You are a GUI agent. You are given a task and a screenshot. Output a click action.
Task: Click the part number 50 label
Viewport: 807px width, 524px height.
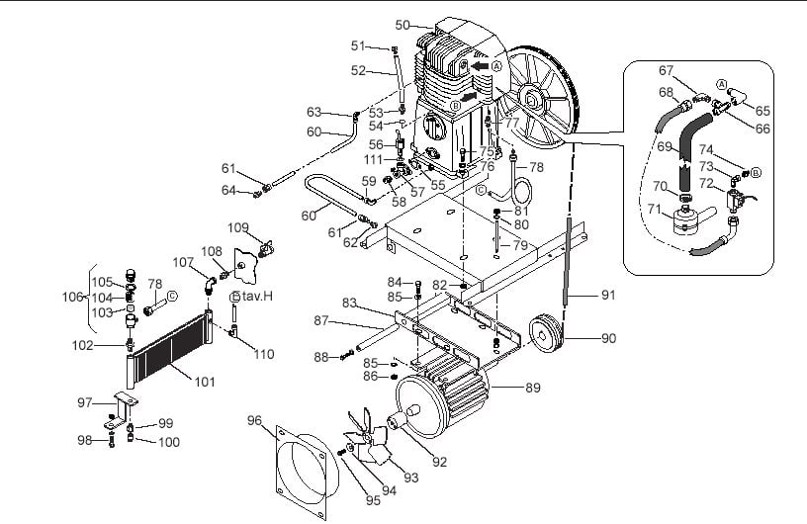402,25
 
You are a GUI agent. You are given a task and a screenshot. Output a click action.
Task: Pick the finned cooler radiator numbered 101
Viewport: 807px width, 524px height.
170,350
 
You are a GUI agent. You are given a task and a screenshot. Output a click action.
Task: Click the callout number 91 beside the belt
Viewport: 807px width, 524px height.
608,294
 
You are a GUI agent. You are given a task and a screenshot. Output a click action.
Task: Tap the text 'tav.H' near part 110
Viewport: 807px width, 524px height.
253,297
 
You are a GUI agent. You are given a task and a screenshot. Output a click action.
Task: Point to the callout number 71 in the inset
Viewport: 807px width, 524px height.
653,209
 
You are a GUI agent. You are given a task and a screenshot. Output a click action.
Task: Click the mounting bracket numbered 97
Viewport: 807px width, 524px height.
120,405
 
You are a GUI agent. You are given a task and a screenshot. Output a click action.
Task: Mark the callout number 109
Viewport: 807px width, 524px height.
238,227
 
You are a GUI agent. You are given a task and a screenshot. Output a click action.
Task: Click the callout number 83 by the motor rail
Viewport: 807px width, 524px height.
349,302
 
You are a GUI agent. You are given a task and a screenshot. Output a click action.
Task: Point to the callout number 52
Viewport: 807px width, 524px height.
360,70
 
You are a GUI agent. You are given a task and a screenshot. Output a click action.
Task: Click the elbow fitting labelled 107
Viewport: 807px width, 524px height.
207,284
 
